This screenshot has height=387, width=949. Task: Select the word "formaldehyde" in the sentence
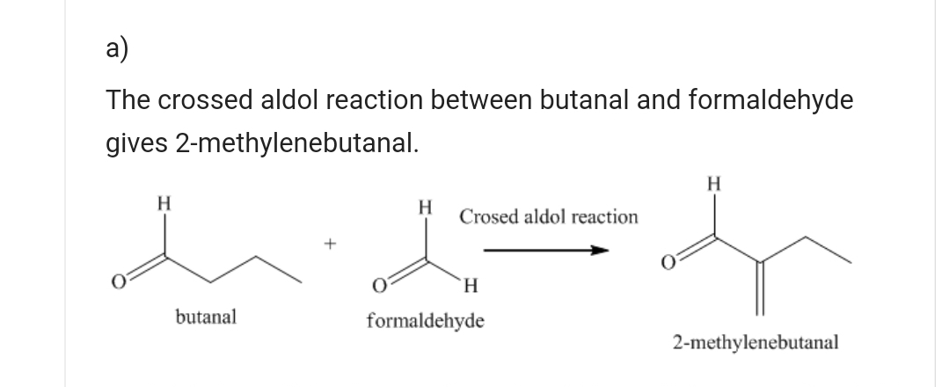(x=770, y=101)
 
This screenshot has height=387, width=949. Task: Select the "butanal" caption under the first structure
(x=207, y=316)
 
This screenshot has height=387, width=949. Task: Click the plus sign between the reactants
(x=331, y=243)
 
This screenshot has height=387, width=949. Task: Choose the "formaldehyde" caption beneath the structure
(x=425, y=320)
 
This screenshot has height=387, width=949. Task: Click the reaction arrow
(x=545, y=251)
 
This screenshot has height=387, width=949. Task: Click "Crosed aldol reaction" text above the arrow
(x=549, y=216)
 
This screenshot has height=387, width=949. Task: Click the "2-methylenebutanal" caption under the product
(x=756, y=340)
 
